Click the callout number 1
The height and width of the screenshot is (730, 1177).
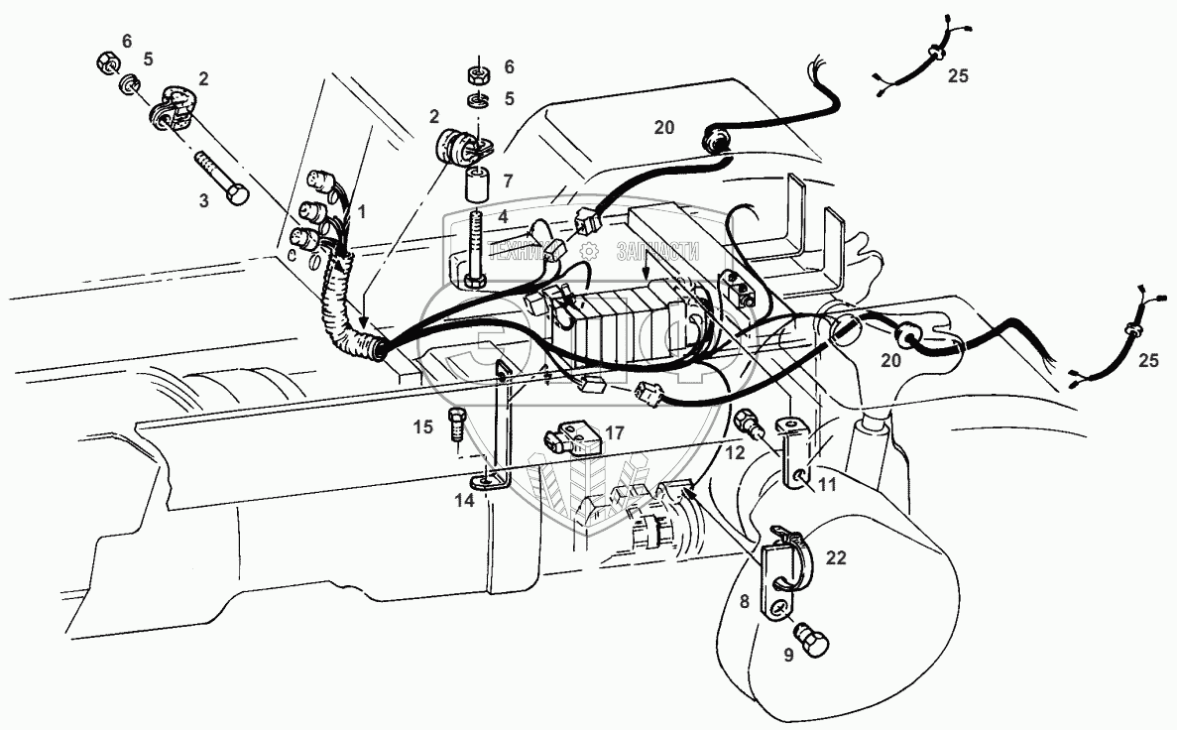(x=362, y=211)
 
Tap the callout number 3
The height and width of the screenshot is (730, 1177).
(x=205, y=200)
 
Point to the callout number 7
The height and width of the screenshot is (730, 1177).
(x=507, y=182)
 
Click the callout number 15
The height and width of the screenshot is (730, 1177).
(x=423, y=427)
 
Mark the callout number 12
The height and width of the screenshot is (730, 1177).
(x=734, y=453)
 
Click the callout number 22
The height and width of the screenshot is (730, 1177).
(x=837, y=559)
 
